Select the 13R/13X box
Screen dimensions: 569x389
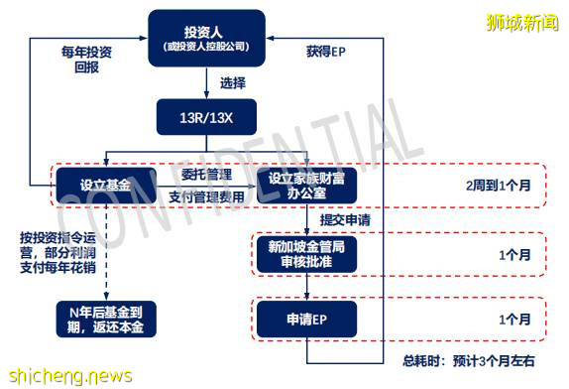pyautogui.click(x=207, y=116)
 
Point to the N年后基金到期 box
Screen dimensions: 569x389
pyautogui.click(x=103, y=320)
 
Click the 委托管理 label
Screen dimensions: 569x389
pyautogui.click(x=207, y=175)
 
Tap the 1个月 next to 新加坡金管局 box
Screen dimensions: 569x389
pyautogui.click(x=514, y=254)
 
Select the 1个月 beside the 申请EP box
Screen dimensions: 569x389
pyautogui.click(x=514, y=320)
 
